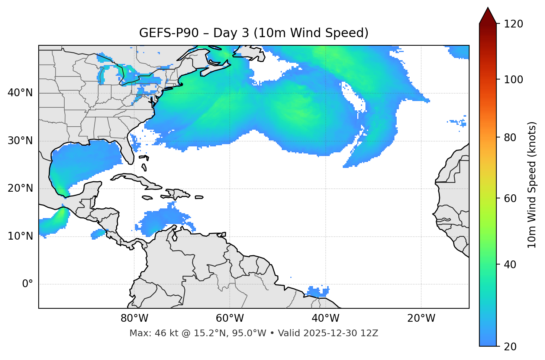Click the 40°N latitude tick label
click(x=20, y=93)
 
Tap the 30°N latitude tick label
click(x=20, y=141)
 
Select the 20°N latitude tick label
click(x=20, y=188)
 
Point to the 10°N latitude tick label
click(x=20, y=236)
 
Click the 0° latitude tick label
click(x=28, y=284)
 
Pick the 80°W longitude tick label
click(x=134, y=318)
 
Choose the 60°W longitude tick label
click(x=230, y=318)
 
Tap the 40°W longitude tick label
click(x=325, y=318)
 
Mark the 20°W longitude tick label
click(x=421, y=318)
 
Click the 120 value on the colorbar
click(x=513, y=24)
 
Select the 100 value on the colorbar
click(x=513, y=80)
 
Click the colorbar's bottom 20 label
click(x=510, y=347)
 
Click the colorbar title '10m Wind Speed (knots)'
click(x=532, y=185)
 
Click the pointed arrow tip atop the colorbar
click(x=488, y=10)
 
